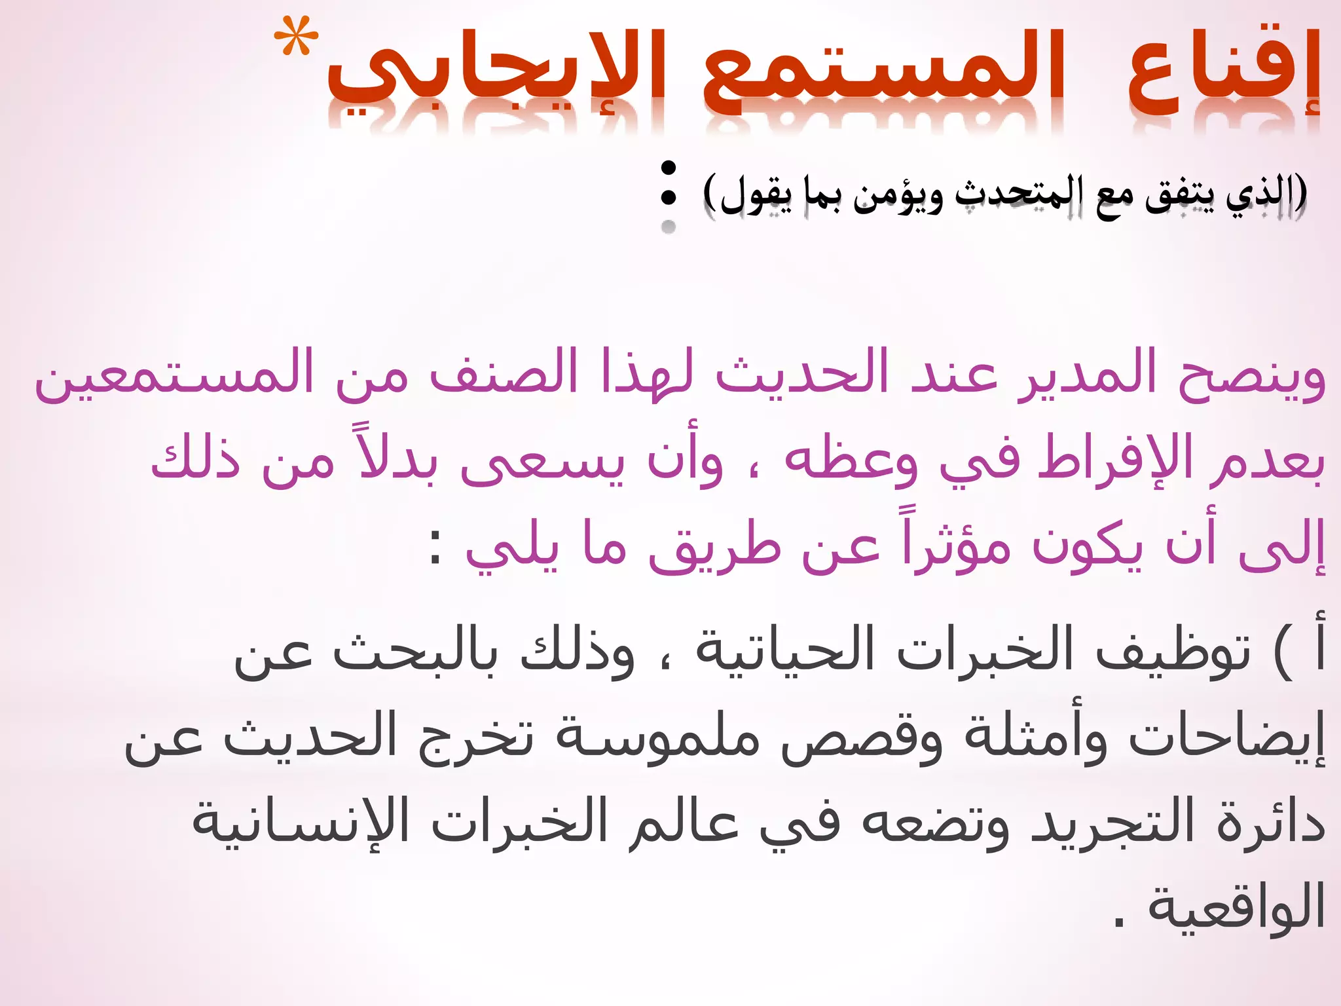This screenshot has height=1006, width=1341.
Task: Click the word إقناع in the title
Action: [x=1223, y=75]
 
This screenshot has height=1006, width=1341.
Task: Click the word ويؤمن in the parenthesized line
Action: [x=898, y=195]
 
